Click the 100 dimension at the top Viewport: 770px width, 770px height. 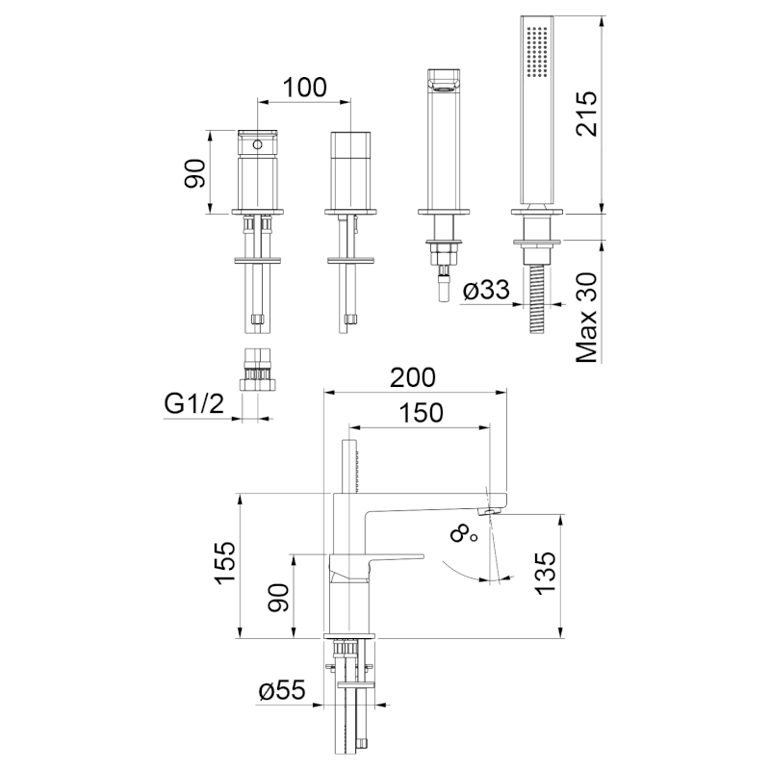tap(305, 87)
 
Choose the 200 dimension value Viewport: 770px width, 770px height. tap(414, 376)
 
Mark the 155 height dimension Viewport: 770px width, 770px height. tap(224, 565)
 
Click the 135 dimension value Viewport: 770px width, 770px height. tap(545, 575)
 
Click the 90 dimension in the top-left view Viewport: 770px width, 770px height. tap(196, 173)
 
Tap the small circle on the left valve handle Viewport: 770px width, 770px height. tap(257, 144)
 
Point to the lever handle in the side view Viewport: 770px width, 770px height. tap(385, 559)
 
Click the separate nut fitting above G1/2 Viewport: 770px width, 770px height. tap(257, 371)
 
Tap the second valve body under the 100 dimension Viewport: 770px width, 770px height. tap(349, 168)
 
